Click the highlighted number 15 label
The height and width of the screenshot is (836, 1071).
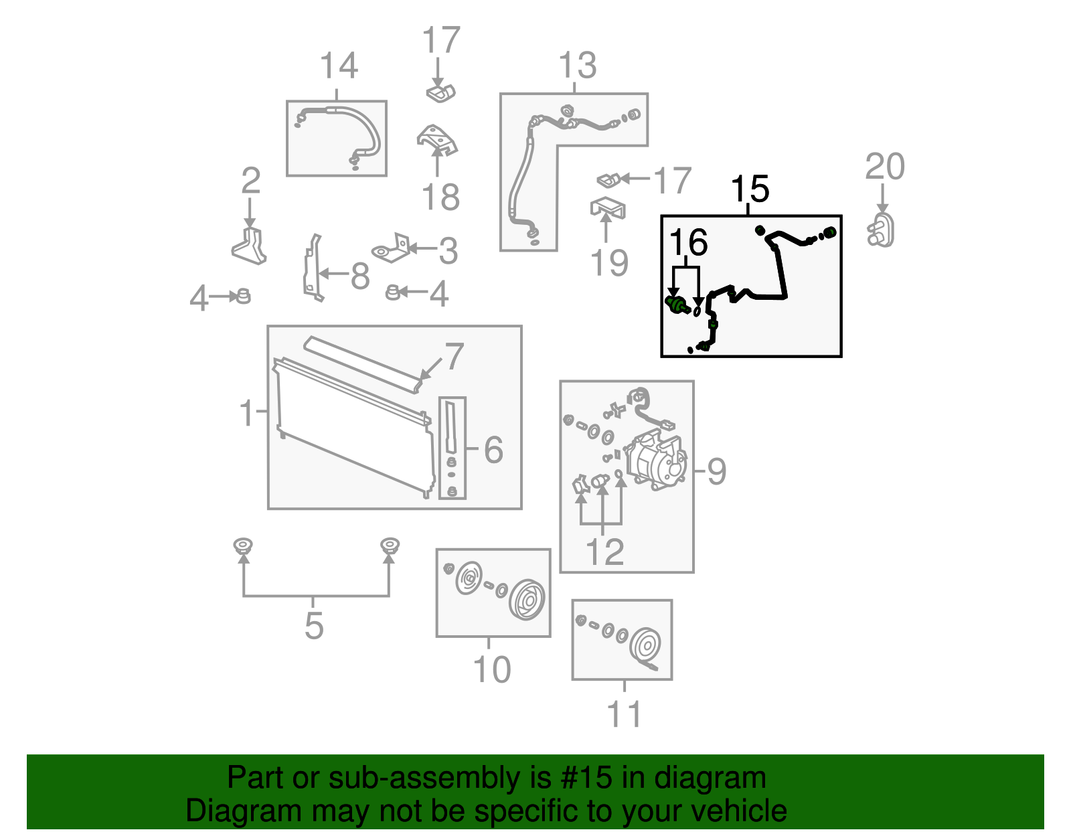point(750,189)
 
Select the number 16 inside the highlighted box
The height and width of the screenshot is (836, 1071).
point(688,242)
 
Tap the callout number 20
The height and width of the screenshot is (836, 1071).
point(884,167)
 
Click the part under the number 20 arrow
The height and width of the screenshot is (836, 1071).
point(882,231)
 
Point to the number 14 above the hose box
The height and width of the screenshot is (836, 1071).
point(339,66)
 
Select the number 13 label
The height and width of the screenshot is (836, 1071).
point(577,66)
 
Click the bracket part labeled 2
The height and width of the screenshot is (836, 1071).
point(250,246)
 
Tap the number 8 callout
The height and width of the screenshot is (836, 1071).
point(359,276)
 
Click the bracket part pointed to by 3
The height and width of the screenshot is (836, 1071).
point(392,250)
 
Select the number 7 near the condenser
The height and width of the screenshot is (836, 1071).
point(454,357)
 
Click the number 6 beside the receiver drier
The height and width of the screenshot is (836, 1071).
point(493,450)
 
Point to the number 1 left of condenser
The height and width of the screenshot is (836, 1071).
point(247,413)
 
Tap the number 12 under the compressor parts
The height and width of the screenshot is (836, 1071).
point(604,552)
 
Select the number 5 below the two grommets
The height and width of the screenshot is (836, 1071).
point(314,626)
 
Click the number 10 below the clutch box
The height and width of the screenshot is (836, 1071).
point(492,669)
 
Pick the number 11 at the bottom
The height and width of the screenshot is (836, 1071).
point(624,714)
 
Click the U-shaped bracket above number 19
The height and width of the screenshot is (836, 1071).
point(608,209)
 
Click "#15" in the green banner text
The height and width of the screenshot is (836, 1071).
point(581,778)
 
